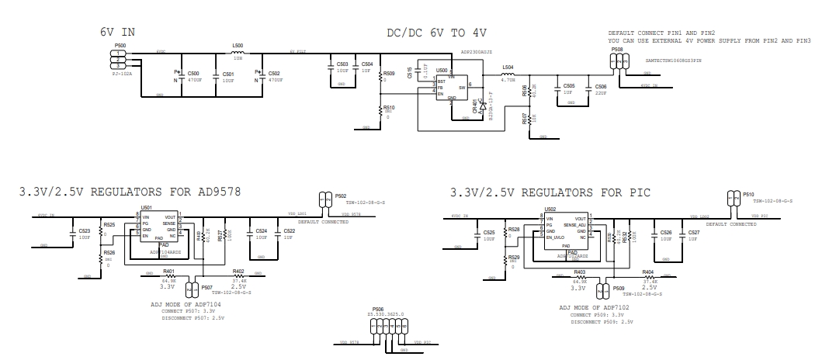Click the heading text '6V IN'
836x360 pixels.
tap(119, 33)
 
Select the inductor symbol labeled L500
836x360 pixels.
tap(238, 53)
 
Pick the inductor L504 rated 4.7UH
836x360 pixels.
tap(508, 75)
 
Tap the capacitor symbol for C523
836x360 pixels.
tap(73, 232)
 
